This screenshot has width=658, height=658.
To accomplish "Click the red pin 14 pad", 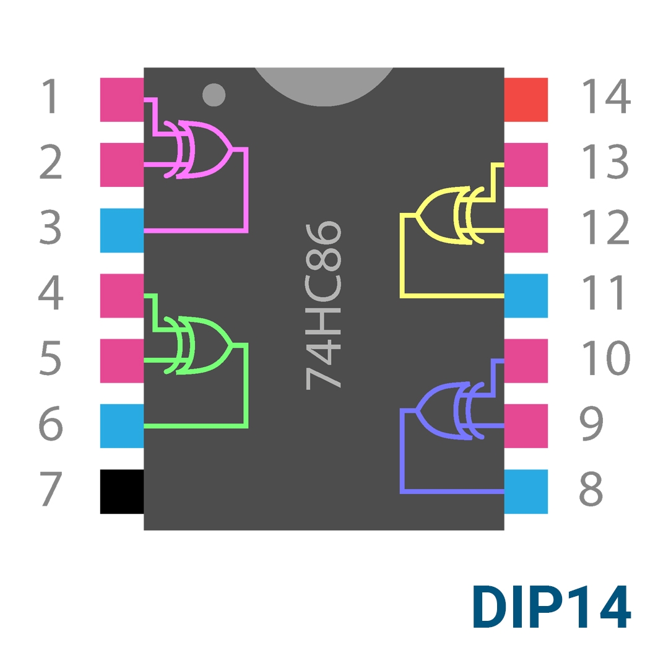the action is click(526, 100).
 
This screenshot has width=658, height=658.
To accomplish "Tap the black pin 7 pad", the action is click(122, 491).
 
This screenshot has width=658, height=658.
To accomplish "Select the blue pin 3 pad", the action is click(122, 230).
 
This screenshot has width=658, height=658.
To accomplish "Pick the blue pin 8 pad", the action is click(526, 491).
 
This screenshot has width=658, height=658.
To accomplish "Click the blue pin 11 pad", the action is click(526, 296).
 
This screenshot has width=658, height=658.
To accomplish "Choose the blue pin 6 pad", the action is click(122, 426).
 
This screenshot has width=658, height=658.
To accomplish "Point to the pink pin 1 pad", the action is click(122, 100).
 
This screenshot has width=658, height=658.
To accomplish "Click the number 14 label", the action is click(606, 96).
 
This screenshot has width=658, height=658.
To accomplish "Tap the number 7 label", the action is click(51, 488).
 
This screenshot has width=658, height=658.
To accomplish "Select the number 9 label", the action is click(591, 423).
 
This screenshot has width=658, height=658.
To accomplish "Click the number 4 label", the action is click(51, 293).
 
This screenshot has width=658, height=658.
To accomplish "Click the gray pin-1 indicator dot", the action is click(214, 95).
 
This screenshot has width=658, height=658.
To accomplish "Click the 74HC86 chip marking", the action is click(323, 306).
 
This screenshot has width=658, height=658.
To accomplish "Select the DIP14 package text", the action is click(552, 607).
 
